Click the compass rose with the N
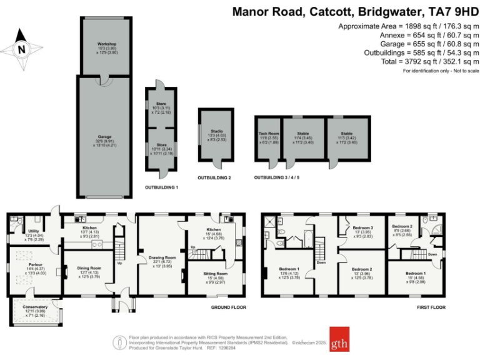tap(22, 47)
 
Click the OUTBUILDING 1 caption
tap(161, 187)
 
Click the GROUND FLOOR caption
tap(228, 307)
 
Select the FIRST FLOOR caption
tap(432, 307)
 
